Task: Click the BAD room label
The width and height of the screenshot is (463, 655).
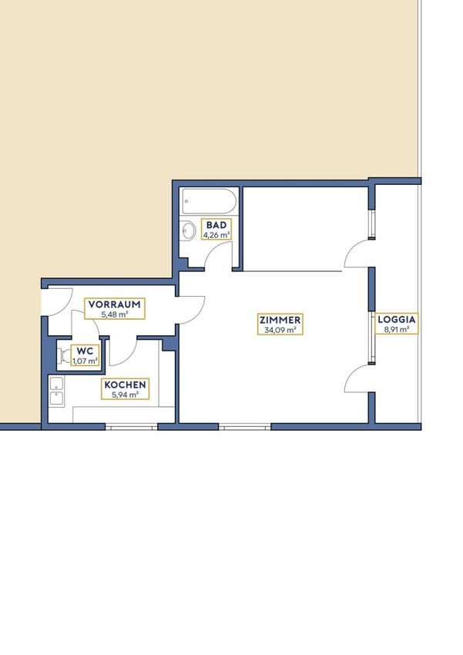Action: pyautogui.click(x=216, y=225)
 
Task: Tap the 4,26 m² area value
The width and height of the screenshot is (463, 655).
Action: pyautogui.click(x=216, y=235)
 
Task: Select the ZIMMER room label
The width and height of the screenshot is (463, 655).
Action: pyautogui.click(x=280, y=320)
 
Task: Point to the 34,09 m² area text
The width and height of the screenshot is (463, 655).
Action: pyautogui.click(x=280, y=330)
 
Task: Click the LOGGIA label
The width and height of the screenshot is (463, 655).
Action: pyautogui.click(x=397, y=320)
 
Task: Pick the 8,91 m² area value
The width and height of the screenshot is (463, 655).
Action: pyautogui.click(x=397, y=329)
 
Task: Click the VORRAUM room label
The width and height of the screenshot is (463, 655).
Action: pyautogui.click(x=114, y=304)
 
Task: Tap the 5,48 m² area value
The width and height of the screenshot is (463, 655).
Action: pyautogui.click(x=114, y=314)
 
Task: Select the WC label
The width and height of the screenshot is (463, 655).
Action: pyautogui.click(x=85, y=351)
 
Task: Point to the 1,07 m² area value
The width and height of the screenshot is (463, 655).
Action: pyautogui.click(x=85, y=360)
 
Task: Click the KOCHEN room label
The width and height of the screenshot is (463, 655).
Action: pyautogui.click(x=125, y=385)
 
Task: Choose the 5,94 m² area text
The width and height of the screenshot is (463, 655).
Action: pyautogui.click(x=125, y=395)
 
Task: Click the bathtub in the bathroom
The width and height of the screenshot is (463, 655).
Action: pyautogui.click(x=210, y=201)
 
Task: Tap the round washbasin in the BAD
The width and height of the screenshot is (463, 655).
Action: pyautogui.click(x=189, y=230)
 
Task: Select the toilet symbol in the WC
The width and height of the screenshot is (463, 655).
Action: pyautogui.click(x=64, y=356)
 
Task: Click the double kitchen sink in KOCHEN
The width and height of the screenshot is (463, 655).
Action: pyautogui.click(x=56, y=391)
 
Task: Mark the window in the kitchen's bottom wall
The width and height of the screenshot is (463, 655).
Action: pyautogui.click(x=131, y=426)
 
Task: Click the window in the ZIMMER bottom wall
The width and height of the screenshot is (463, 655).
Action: pyautogui.click(x=245, y=426)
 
